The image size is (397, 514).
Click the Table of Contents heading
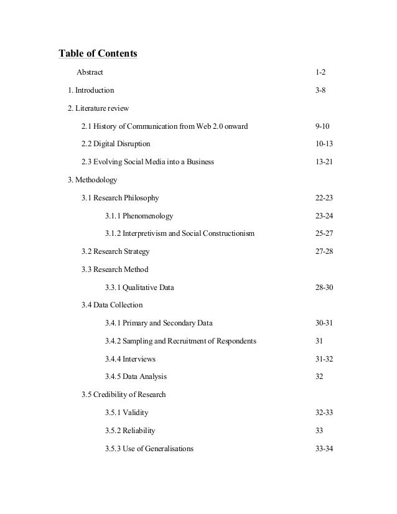coord(98,54)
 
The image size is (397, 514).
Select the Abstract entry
coord(90,73)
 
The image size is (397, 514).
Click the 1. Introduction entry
coord(91,91)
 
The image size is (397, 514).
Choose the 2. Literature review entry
coord(98,109)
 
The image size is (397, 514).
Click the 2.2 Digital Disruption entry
coord(116,144)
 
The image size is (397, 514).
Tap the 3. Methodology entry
coord(93,180)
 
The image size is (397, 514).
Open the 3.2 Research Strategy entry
coord(115,252)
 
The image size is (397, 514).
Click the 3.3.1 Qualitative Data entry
coord(139,288)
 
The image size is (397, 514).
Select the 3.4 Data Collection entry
coord(112,306)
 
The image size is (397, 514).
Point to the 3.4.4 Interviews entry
coord(130,360)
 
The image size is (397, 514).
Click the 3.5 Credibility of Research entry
coord(123,395)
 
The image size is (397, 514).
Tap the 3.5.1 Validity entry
coord(127,413)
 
